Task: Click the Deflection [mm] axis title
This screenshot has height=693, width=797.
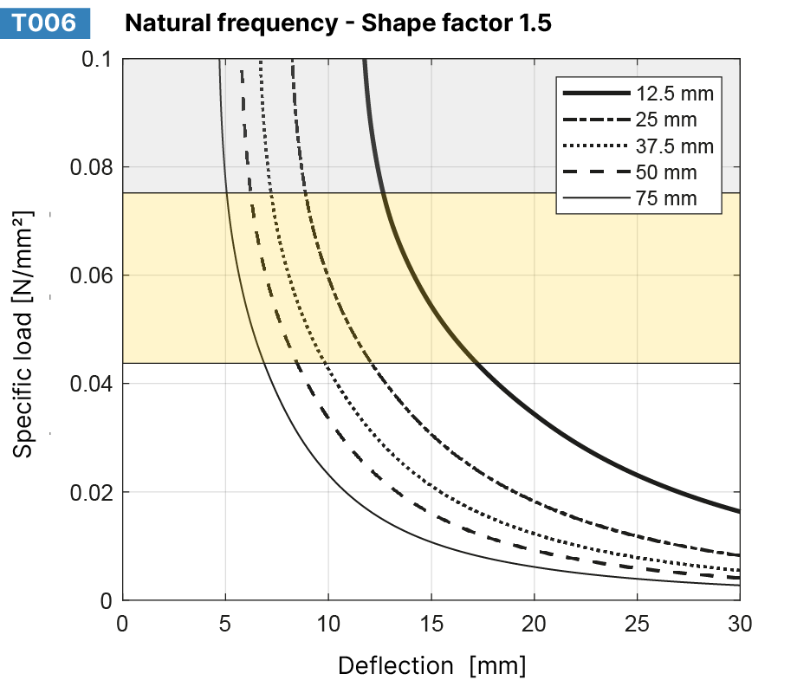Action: (x=431, y=665)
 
